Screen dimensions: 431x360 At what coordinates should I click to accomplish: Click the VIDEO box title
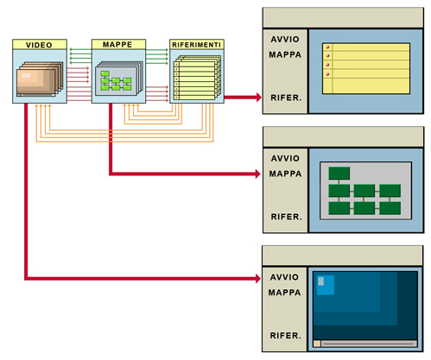(39, 45)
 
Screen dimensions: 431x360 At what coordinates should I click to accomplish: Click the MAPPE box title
(117, 45)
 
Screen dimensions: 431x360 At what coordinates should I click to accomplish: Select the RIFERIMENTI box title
(196, 45)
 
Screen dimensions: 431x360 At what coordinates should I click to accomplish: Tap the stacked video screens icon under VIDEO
(40, 79)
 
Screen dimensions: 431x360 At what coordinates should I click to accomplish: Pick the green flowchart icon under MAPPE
(119, 79)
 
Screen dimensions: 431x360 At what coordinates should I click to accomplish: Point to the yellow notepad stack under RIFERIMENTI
(197, 78)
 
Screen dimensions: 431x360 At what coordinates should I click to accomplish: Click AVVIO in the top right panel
(285, 40)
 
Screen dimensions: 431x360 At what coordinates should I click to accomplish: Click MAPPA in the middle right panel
(285, 174)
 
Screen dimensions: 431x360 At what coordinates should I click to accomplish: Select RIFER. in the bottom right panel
(285, 336)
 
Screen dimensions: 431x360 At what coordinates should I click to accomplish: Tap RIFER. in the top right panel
(286, 98)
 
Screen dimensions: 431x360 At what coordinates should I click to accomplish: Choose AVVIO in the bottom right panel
(284, 277)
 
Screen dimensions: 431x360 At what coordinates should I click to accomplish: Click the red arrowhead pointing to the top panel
(258, 98)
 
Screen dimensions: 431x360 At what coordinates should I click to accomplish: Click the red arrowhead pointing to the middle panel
(257, 174)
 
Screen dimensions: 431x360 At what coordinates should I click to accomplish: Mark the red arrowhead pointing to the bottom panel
(257, 278)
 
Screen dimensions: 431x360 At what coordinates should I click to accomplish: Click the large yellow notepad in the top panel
(366, 68)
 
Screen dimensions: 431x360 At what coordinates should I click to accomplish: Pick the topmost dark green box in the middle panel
(339, 174)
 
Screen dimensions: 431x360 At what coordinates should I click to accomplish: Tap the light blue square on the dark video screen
(326, 285)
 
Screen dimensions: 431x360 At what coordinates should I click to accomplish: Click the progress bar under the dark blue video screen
(365, 344)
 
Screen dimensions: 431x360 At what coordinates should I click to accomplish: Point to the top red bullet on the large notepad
(327, 47)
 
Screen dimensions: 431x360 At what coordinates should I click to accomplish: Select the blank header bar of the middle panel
(343, 137)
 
